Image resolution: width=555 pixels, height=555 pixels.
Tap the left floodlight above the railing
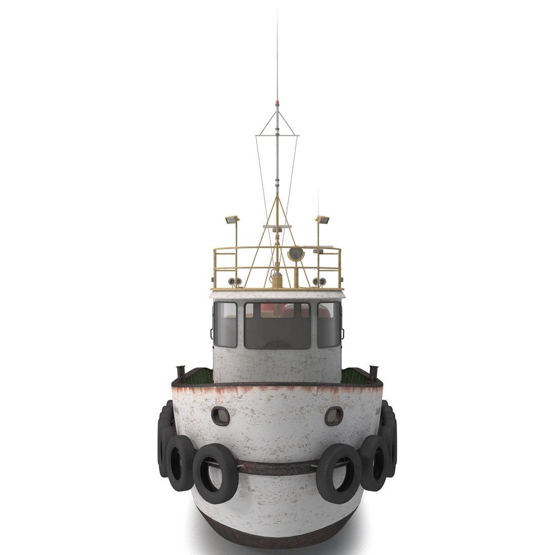(232, 220)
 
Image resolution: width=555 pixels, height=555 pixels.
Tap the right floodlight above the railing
(322, 220)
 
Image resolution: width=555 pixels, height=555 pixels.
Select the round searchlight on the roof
(295, 253)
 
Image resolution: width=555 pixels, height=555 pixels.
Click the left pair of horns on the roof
(235, 281)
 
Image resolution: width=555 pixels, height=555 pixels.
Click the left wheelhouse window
(226, 324)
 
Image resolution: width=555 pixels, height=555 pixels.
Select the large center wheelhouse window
(277, 325)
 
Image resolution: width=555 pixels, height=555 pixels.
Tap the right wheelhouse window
(328, 324)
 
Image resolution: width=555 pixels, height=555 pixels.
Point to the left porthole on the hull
(220, 416)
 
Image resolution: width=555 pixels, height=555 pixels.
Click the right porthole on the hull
(334, 416)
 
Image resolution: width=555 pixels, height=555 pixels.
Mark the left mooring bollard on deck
(181, 372)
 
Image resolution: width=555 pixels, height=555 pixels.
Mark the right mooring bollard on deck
(373, 372)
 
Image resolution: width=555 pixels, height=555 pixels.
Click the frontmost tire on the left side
(216, 473)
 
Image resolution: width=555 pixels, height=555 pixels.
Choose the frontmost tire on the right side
(339, 473)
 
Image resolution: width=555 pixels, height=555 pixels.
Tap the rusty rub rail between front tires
(277, 468)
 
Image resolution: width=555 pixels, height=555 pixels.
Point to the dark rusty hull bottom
(277, 534)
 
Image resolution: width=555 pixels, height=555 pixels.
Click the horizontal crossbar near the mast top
(277, 136)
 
